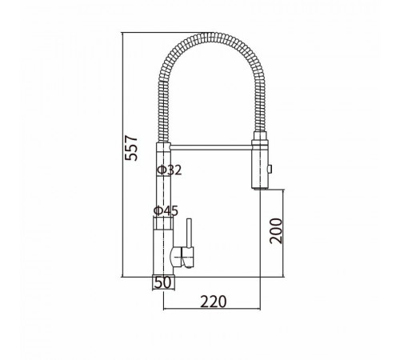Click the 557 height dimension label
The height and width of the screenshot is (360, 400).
(x=131, y=148)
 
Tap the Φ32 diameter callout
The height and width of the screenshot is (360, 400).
(x=170, y=170)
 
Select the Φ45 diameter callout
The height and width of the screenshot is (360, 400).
(x=166, y=210)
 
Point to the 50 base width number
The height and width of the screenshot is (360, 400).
(x=162, y=283)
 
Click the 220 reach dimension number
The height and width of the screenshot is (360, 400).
(x=214, y=302)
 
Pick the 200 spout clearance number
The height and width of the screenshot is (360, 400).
(x=276, y=231)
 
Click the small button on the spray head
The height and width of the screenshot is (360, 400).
(x=270, y=169)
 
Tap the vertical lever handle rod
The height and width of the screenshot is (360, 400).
(x=189, y=233)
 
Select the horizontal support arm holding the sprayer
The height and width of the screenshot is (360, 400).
(x=211, y=147)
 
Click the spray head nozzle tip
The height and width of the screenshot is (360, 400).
(x=259, y=188)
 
